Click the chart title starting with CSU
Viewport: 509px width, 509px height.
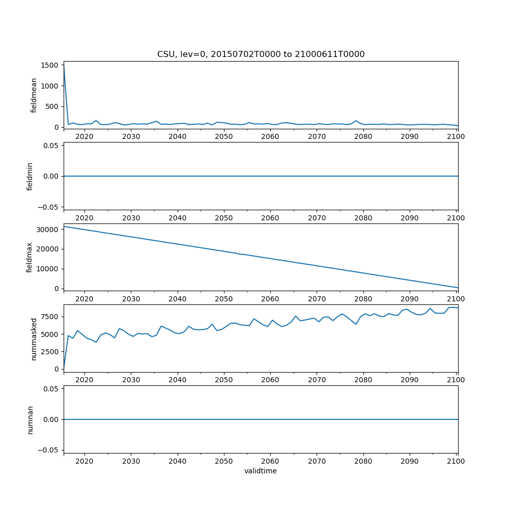261,54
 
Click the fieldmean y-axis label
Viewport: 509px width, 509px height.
34,95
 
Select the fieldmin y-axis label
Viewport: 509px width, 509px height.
30,176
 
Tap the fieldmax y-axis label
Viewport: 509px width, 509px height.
30,257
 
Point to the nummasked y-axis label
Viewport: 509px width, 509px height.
34,338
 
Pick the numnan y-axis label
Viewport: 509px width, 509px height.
30,419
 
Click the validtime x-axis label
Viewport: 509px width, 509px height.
261,471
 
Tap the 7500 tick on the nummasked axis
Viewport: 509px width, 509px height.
50,317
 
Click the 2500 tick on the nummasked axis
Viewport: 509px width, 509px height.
50,352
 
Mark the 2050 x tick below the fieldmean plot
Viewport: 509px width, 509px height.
223,136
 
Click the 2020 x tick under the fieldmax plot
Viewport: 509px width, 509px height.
84,298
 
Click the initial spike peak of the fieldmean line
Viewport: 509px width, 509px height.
64,64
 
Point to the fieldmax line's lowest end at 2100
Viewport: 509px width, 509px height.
458,288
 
